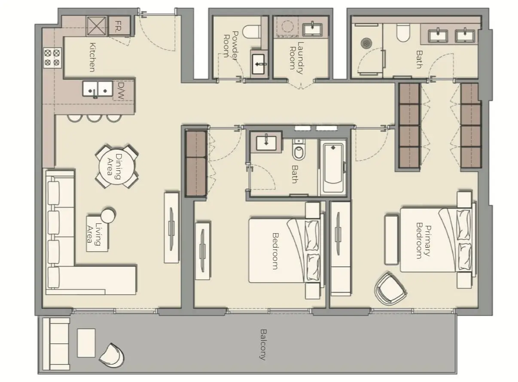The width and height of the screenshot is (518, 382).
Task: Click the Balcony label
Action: click(x=263, y=345)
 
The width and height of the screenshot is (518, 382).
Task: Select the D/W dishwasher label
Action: click(x=121, y=91)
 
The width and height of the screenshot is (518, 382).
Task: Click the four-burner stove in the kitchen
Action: click(x=52, y=58)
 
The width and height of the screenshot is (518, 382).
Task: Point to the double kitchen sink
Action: click(x=98, y=89)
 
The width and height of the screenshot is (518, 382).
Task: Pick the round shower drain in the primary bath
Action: click(x=366, y=43)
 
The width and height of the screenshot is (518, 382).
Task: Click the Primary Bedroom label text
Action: click(x=424, y=241)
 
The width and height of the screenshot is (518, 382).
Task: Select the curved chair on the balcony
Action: click(x=112, y=355)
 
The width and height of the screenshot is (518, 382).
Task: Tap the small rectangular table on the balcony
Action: click(x=86, y=342)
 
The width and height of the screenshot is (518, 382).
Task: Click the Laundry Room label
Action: click(x=297, y=58)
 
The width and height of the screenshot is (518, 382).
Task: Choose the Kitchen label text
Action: click(x=92, y=57)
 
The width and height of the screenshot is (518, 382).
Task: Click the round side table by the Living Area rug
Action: click(x=108, y=215)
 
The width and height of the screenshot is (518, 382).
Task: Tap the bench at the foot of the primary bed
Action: click(x=391, y=240)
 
